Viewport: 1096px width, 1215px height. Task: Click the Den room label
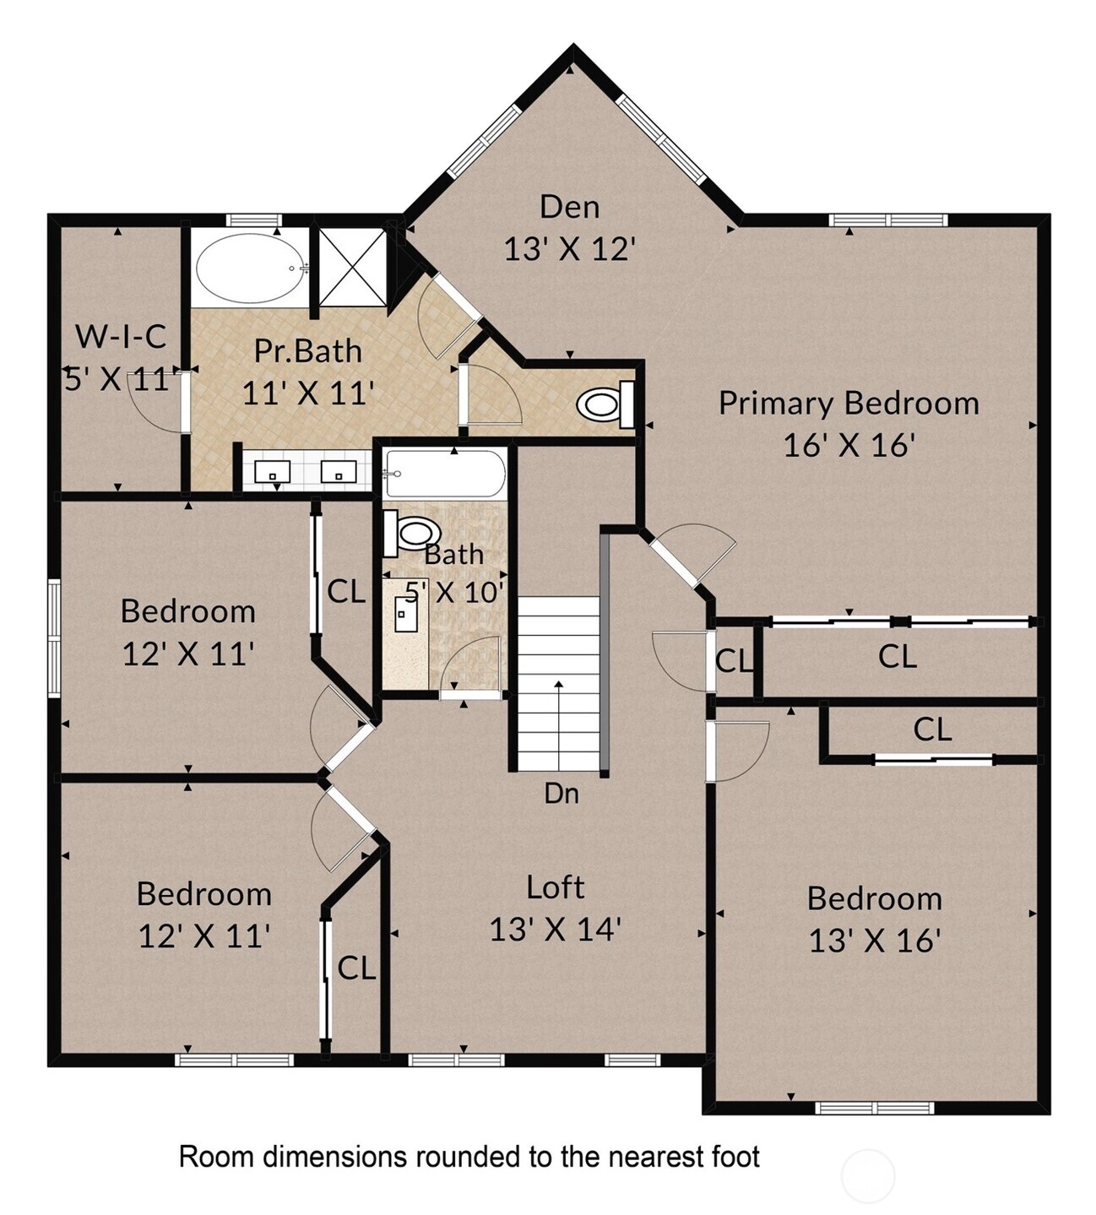pyautogui.click(x=569, y=207)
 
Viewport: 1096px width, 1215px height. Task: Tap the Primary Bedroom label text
pyautogui.click(x=849, y=404)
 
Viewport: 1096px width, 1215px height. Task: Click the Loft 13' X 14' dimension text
pyautogui.click(x=556, y=930)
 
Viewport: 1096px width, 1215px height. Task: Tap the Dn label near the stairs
pyautogui.click(x=562, y=794)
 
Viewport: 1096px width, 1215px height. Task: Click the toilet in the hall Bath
pyautogui.click(x=412, y=533)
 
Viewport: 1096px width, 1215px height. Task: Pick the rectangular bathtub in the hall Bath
pyautogui.click(x=445, y=474)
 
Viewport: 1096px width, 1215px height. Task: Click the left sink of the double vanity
pyautogui.click(x=272, y=470)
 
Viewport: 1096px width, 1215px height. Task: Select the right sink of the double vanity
pyautogui.click(x=338, y=470)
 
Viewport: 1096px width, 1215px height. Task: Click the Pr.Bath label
pyautogui.click(x=308, y=350)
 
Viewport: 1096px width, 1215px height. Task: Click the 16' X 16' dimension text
pyautogui.click(x=849, y=446)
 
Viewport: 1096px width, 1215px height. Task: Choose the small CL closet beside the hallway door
pyautogui.click(x=734, y=661)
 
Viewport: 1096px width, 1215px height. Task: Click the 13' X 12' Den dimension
pyautogui.click(x=569, y=248)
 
